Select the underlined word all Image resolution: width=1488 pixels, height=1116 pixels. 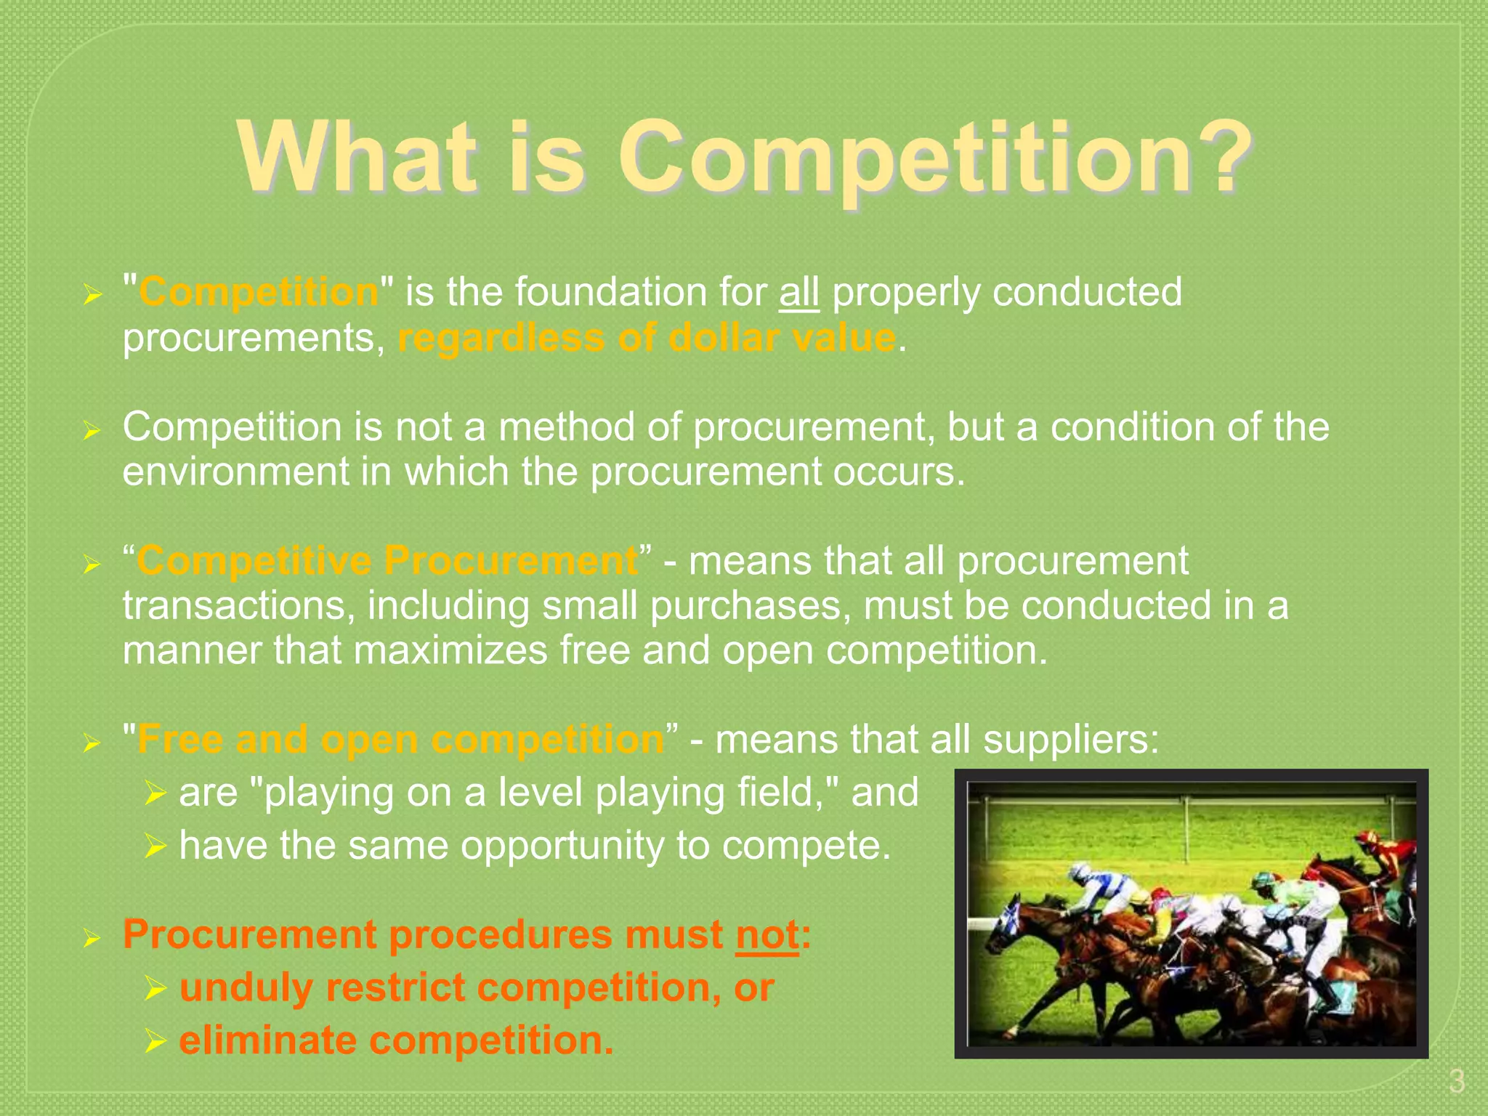click(799, 292)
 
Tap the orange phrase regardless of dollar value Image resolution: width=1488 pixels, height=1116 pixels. click(647, 338)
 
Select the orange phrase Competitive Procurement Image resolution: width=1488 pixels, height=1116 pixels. click(387, 561)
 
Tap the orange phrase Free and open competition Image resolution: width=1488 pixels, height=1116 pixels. click(400, 740)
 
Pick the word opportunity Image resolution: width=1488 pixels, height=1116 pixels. click(562, 846)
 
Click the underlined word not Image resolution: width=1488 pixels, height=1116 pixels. click(767, 934)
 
